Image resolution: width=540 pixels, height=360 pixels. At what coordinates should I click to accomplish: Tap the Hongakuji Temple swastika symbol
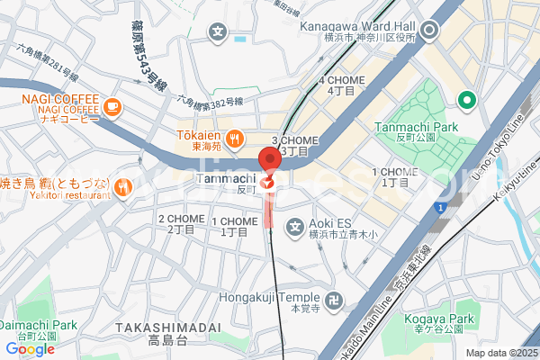(335, 299)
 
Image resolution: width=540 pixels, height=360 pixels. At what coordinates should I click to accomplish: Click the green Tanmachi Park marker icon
(466, 100)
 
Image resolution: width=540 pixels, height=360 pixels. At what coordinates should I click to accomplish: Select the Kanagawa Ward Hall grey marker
(430, 31)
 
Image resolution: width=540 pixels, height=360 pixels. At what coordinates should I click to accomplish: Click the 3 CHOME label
(295, 146)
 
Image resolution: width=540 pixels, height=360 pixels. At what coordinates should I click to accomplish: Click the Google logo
(30, 348)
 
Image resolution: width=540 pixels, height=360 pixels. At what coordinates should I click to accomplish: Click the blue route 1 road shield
(440, 208)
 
